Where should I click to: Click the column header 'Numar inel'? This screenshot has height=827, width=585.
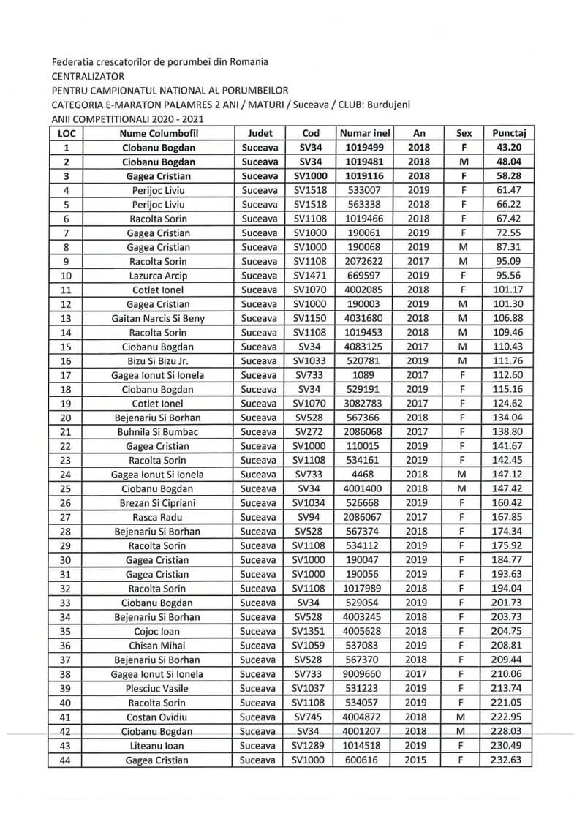(x=365, y=134)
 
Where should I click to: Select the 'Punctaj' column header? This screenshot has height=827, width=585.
(x=510, y=134)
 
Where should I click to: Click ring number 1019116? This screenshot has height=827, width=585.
(x=365, y=176)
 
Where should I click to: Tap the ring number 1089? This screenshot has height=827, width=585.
(x=365, y=375)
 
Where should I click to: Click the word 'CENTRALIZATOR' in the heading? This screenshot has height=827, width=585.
(x=88, y=76)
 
